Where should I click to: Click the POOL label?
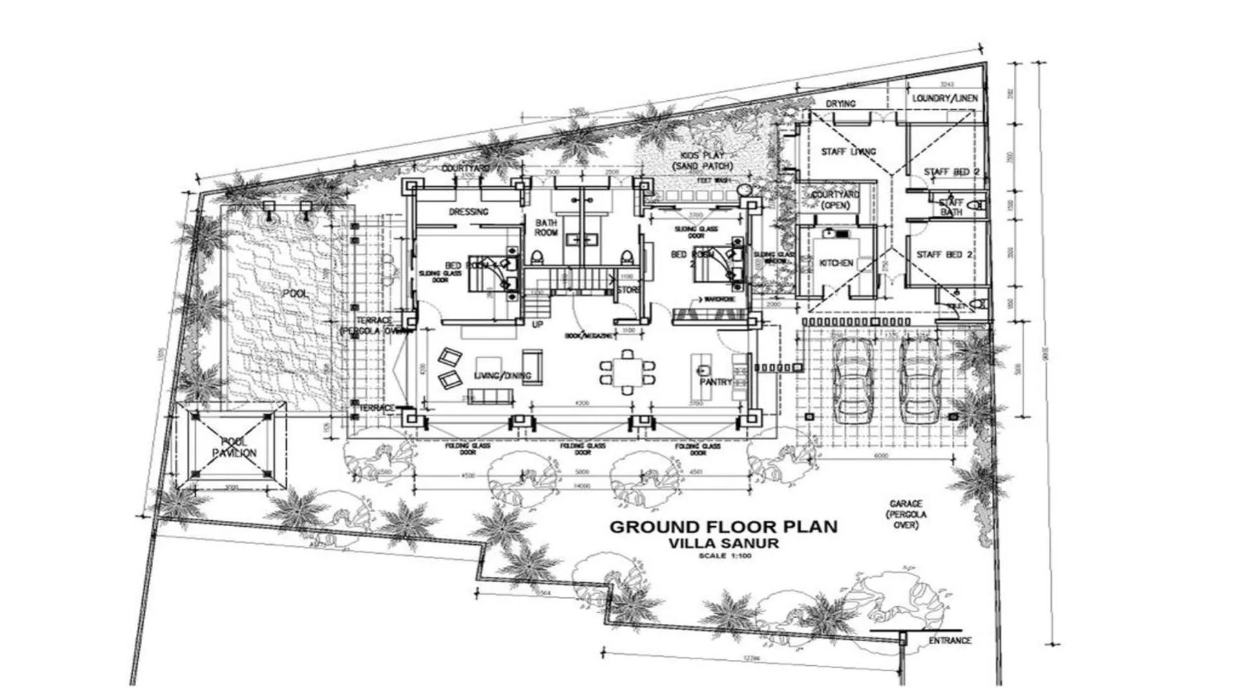pyautogui.click(x=295, y=293)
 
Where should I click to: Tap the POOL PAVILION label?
pyautogui.click(x=234, y=447)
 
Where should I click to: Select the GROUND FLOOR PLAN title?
pyautogui.click(x=723, y=526)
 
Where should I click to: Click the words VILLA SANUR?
pyautogui.click(x=723, y=544)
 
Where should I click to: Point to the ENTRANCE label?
pyautogui.click(x=949, y=640)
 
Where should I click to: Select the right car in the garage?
pyautogui.click(x=921, y=381)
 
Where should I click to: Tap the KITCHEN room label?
pyautogui.click(x=836, y=264)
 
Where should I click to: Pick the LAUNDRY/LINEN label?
pyautogui.click(x=945, y=99)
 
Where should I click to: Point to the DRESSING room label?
pyautogui.click(x=468, y=212)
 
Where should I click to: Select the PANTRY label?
pyautogui.click(x=715, y=382)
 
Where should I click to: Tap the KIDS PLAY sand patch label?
pyautogui.click(x=702, y=161)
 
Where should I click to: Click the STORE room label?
pyautogui.click(x=627, y=290)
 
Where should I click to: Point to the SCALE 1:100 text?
pyautogui.click(x=723, y=556)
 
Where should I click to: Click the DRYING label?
pyautogui.click(x=841, y=103)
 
